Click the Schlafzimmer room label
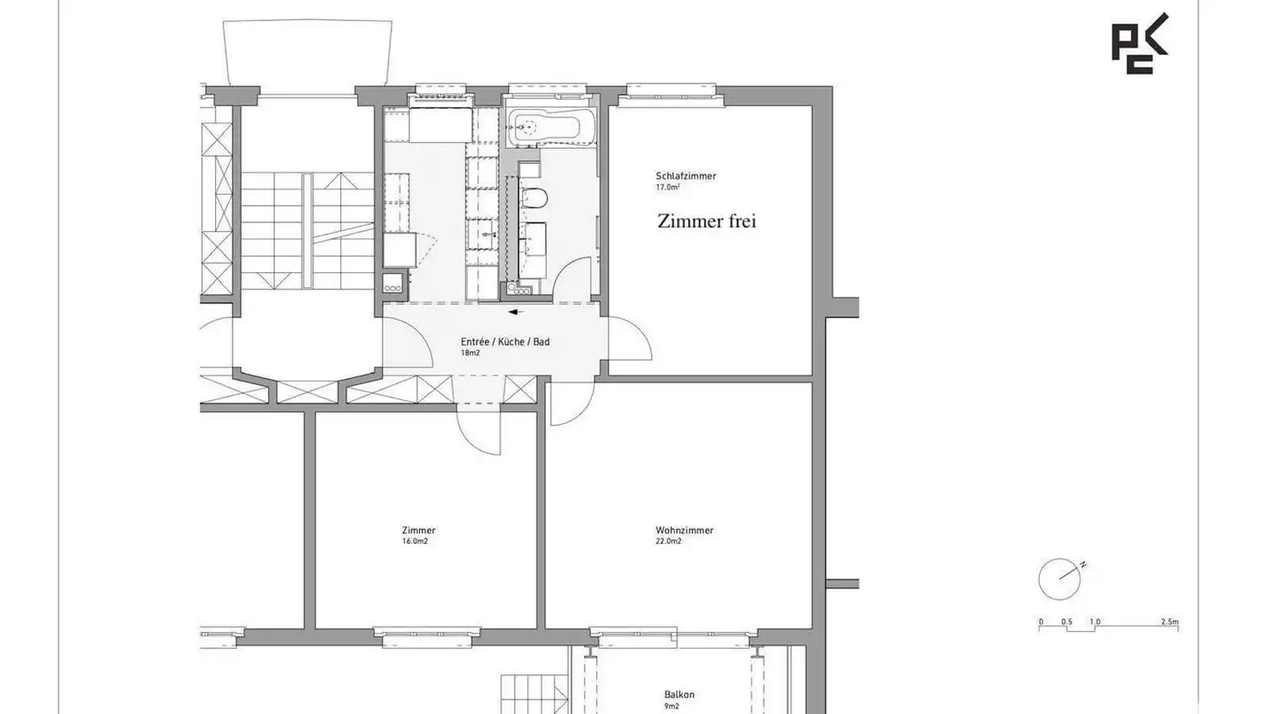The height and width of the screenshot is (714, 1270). coord(685,176)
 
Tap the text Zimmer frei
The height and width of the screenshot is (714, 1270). coord(706,221)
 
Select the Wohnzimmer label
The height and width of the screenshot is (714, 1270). coord(684,531)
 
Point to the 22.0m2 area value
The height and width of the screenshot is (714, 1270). coord(669,541)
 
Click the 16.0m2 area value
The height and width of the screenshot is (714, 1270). coord(415,541)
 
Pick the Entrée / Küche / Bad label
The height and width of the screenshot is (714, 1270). coord(505,342)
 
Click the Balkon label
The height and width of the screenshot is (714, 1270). coord(679,695)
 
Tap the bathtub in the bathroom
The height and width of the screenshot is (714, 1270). coord(551,127)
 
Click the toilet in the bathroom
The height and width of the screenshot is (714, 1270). coord(534,197)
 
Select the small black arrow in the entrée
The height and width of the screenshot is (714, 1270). coord(516,312)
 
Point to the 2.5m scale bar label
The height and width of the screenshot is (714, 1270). coord(1169,621)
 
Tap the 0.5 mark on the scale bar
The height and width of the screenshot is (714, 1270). coord(1066,621)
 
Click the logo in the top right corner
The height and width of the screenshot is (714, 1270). coord(1139,44)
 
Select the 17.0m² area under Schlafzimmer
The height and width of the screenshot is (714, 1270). coord(668,187)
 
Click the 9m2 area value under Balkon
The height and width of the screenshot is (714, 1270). coord(671,706)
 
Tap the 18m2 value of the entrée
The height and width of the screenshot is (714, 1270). coord(470,353)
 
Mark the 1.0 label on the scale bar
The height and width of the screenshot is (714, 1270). coord(1094,621)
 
